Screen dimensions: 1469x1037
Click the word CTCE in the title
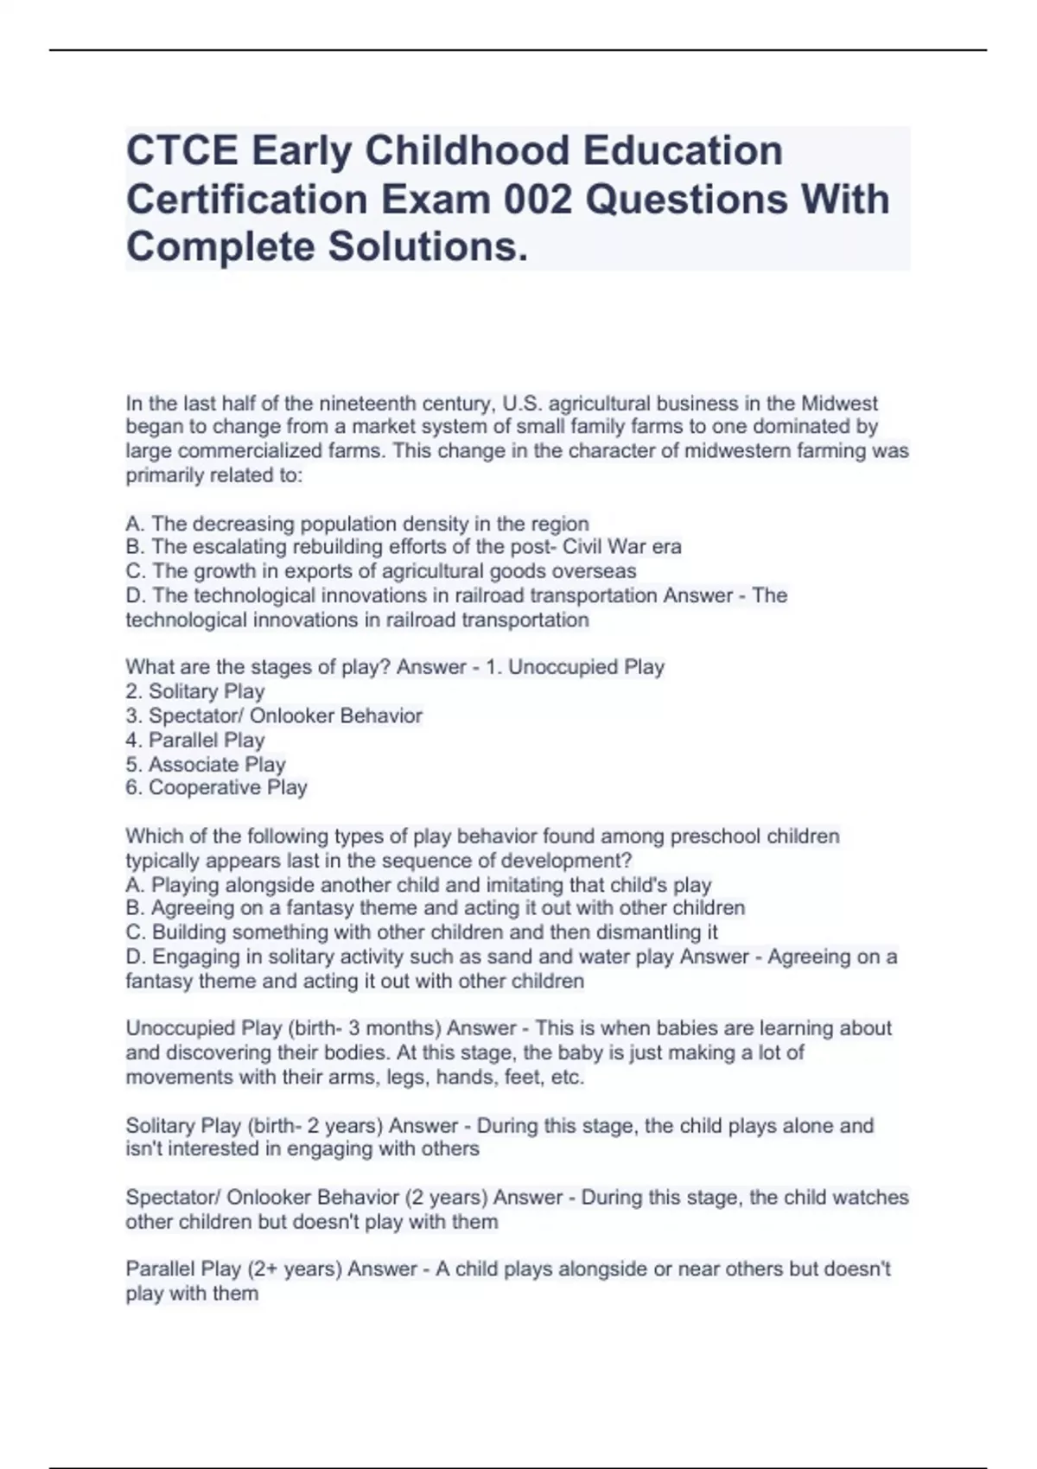pos(182,150)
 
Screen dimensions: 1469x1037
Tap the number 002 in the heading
pos(538,199)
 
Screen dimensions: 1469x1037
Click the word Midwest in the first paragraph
pos(839,404)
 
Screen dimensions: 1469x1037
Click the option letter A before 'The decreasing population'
pos(135,524)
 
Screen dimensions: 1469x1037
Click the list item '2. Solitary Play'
pos(195,691)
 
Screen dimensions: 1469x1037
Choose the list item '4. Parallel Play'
pos(195,740)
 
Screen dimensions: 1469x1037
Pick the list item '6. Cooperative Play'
pos(216,787)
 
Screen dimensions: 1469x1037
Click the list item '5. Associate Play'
pos(206,764)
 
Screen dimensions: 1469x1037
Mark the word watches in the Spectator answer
pos(874,1198)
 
